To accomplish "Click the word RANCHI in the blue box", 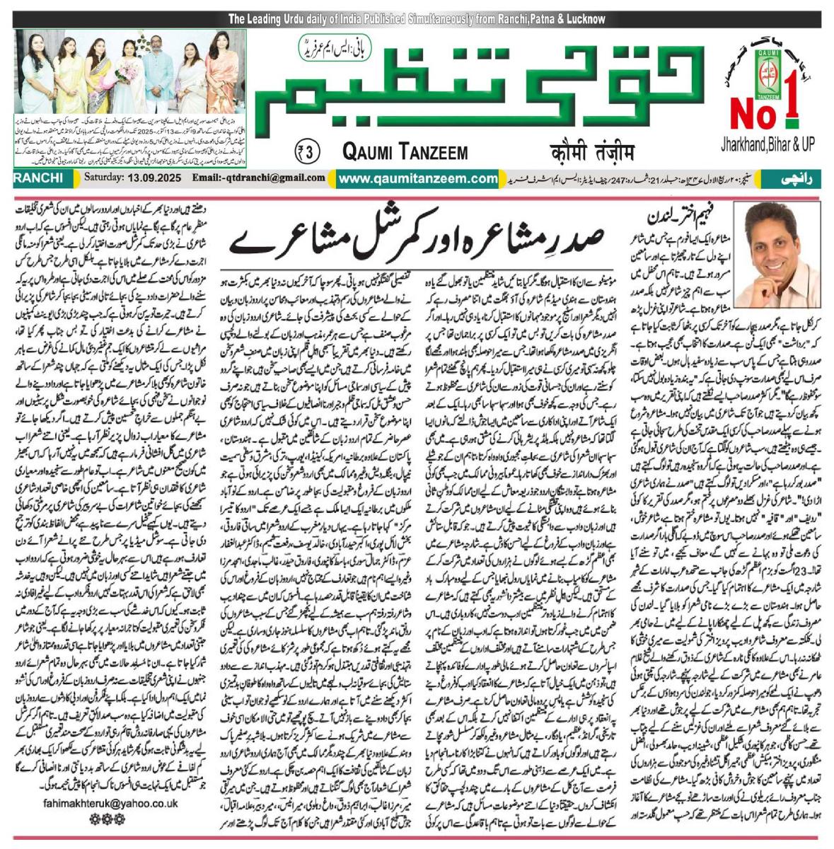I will (x=40, y=180).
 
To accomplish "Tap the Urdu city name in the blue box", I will (x=798, y=180).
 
